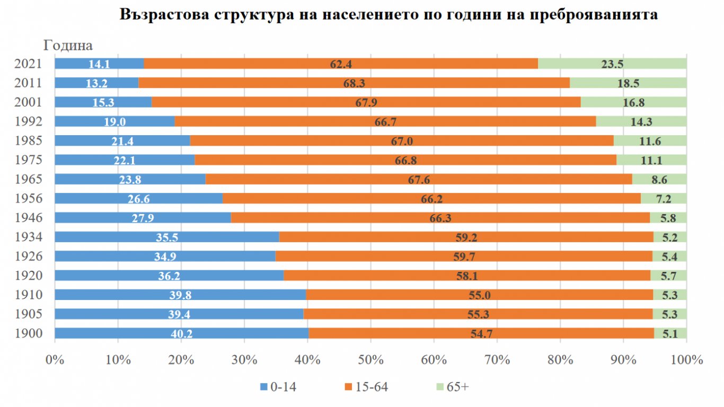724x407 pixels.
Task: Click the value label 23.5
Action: click(x=612, y=64)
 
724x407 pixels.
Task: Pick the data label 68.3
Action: click(x=355, y=83)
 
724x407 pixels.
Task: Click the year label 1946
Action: click(x=30, y=217)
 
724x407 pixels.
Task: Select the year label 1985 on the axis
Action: click(x=30, y=140)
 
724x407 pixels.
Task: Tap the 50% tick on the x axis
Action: click(x=370, y=359)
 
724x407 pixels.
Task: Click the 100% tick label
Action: click(x=686, y=359)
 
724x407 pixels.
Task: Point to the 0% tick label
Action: click(x=55, y=359)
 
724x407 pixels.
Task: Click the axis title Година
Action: click(x=68, y=46)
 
